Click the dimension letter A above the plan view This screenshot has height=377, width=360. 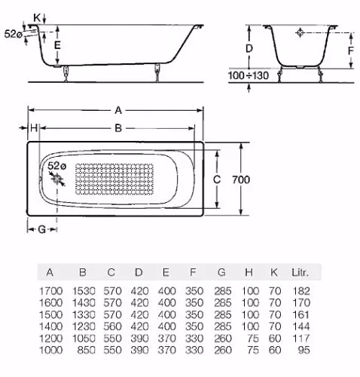point(118,110)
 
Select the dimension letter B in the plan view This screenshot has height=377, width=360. point(118,128)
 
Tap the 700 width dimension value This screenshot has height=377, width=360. point(241,179)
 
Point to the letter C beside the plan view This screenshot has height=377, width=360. point(217,179)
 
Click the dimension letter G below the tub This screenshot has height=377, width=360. point(42,229)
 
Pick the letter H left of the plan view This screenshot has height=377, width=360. point(34,128)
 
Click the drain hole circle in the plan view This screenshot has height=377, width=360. point(57,179)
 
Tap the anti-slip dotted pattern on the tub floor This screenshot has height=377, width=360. point(114,179)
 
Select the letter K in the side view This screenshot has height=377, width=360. point(37,18)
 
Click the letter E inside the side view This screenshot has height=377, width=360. point(57,45)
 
